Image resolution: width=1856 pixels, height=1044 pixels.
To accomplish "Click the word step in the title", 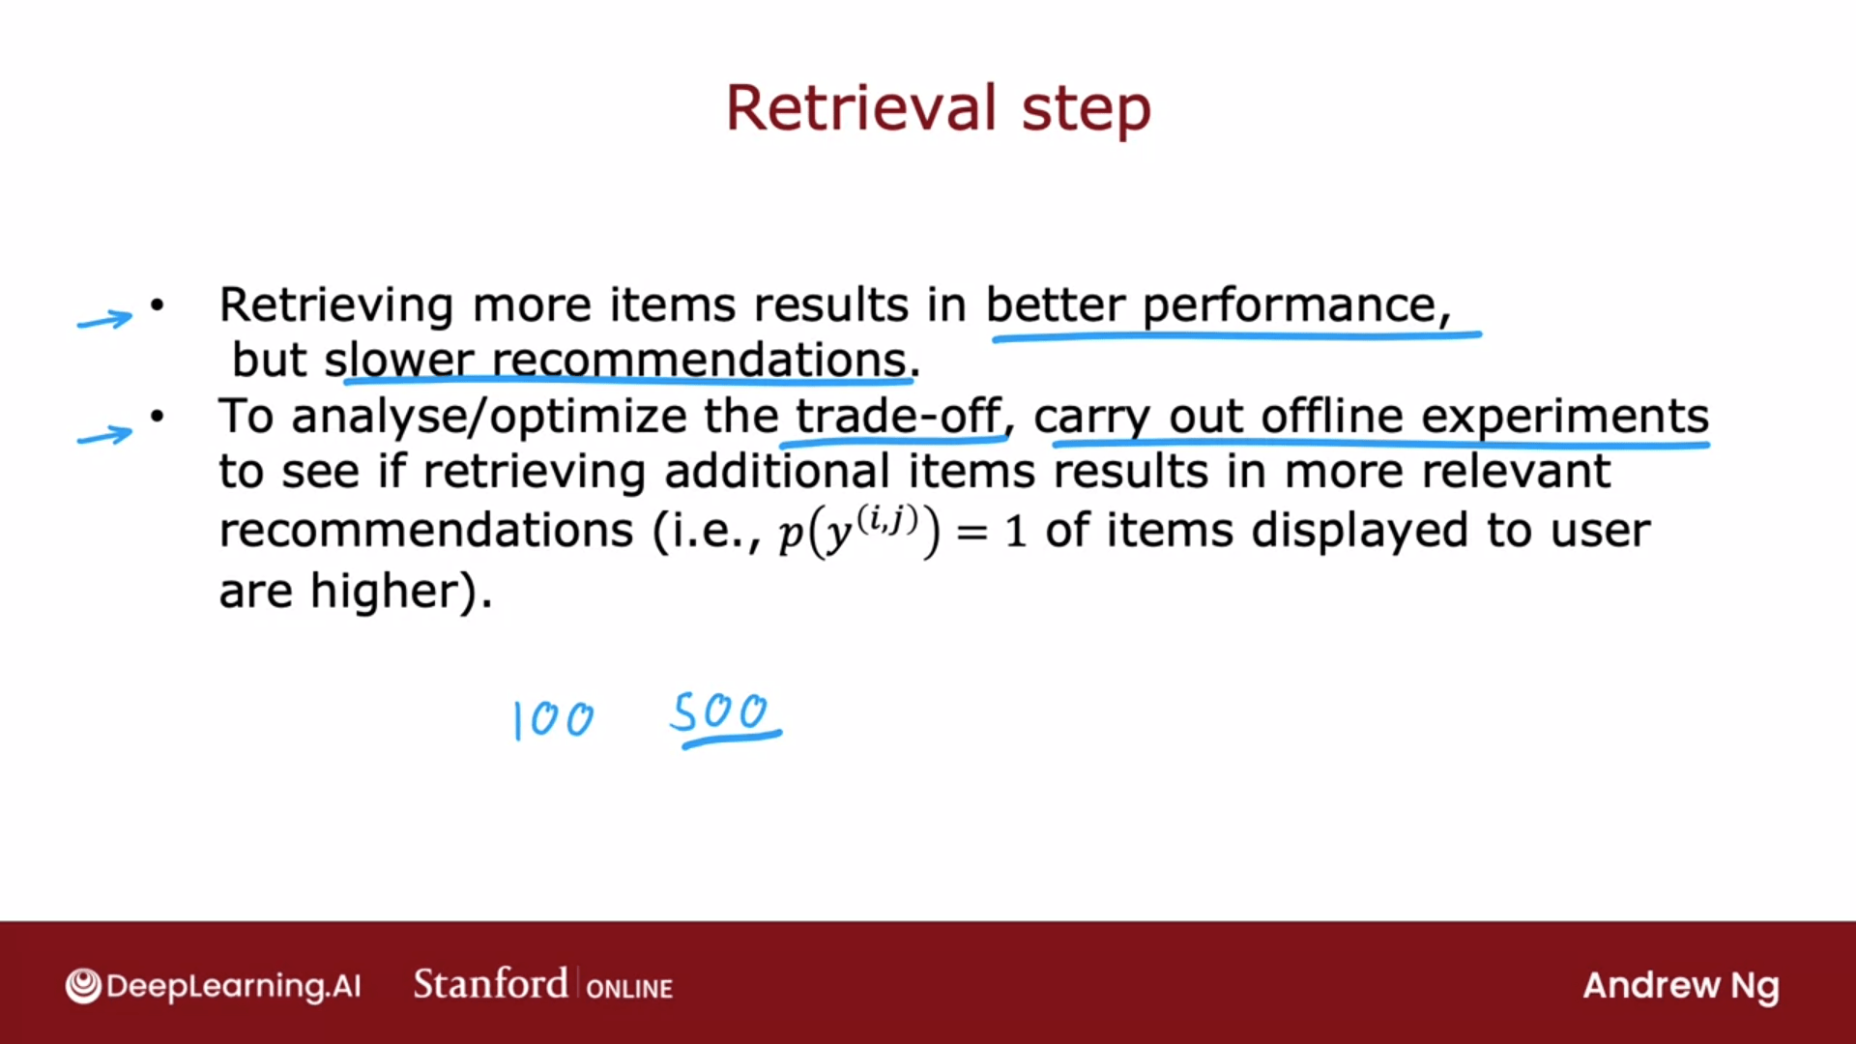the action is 1087,110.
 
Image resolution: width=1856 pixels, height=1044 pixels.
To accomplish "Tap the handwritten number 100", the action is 553,720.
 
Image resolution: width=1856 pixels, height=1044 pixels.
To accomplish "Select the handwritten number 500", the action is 720,712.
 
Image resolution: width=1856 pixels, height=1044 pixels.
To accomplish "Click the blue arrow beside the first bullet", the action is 105,319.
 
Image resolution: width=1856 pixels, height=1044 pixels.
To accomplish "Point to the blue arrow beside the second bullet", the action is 105,436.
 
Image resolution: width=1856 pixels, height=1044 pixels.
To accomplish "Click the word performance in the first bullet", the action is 1290,307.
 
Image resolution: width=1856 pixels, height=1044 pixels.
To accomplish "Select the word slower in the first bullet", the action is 398,360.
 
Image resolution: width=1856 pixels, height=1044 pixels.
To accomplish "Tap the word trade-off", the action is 898,416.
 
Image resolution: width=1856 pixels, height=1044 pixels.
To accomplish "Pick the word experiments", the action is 1565,418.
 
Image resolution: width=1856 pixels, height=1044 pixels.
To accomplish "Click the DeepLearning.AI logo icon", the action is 83,986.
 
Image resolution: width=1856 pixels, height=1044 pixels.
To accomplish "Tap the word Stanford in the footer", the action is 490,984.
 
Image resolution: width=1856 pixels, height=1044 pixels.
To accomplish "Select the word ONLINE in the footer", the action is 629,989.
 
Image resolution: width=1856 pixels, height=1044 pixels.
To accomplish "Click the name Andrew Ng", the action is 1681,987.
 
